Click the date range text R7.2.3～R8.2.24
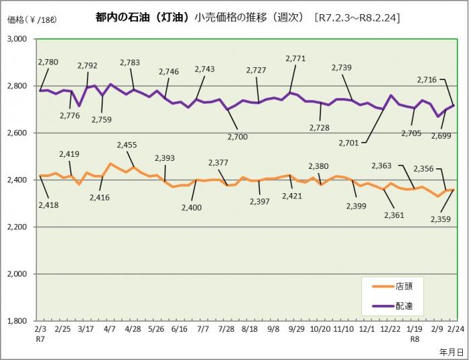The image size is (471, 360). (357, 17)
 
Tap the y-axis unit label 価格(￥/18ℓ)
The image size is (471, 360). (32, 19)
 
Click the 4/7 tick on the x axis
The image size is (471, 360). (108, 330)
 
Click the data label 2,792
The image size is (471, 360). (87, 66)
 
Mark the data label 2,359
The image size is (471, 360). (441, 200)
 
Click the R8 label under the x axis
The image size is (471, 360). (415, 340)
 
